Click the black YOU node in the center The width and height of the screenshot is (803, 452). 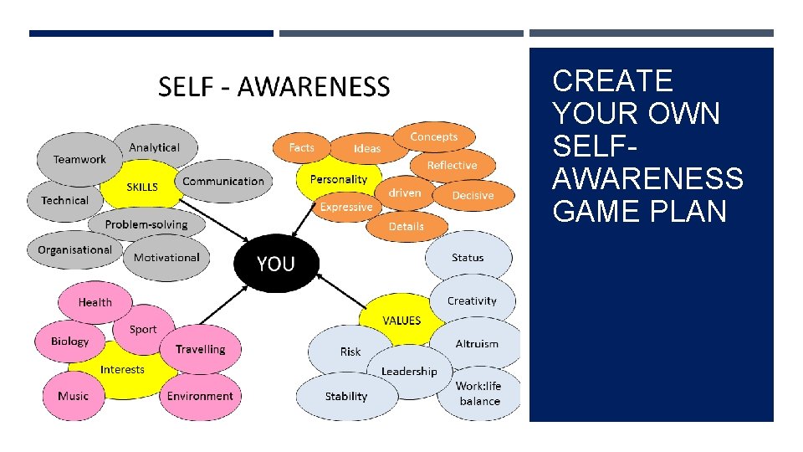point(276,265)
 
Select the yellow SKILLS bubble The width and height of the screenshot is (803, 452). point(141,187)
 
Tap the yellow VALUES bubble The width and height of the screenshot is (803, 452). point(401,321)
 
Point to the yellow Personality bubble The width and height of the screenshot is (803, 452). point(338,179)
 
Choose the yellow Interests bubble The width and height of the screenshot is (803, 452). point(122,369)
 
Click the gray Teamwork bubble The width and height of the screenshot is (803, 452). point(79,159)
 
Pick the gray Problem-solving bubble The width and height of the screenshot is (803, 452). point(146,224)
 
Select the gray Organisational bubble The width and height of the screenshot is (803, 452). point(74,250)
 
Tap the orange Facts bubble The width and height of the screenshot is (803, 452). point(301,148)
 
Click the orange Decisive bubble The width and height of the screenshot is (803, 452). point(473,195)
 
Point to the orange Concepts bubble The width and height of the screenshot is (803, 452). point(434,136)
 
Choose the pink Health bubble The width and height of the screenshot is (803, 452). point(95,302)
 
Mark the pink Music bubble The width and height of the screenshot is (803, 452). point(73,396)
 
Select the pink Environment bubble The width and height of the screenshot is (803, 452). point(200,396)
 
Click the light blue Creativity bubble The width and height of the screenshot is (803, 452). point(472,300)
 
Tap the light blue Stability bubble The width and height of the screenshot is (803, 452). point(346,396)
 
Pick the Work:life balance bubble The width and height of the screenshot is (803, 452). point(478,393)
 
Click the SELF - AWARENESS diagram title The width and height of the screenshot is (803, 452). point(274,86)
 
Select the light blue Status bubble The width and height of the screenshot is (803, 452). point(468,258)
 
